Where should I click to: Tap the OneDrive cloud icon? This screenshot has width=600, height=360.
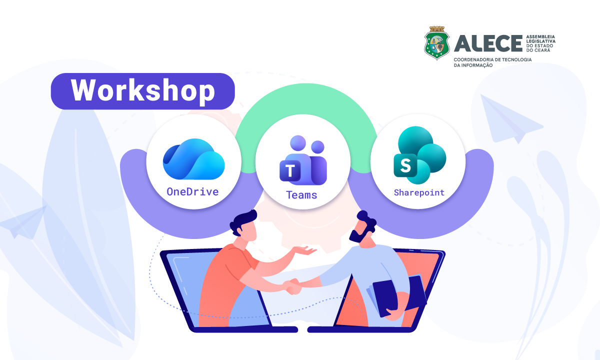coord(193,159)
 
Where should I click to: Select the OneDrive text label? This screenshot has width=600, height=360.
coord(192,192)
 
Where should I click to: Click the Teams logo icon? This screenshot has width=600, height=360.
coord(303,160)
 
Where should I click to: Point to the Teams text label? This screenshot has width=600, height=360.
coord(301,195)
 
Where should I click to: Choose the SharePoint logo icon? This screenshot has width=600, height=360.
coord(419,155)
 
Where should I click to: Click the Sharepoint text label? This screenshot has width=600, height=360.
coord(419,192)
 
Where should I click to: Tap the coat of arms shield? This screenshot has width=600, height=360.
coord(437,43)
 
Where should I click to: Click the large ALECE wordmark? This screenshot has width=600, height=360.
coord(488,43)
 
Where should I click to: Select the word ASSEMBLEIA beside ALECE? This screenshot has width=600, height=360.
coord(540,36)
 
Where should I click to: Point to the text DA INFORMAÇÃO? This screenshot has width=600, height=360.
coord(473,65)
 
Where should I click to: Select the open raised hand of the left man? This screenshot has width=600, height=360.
coord(305,250)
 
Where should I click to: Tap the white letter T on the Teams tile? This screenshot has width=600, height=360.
coord(290,171)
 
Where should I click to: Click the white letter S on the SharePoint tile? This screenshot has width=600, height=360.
coord(405,165)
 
